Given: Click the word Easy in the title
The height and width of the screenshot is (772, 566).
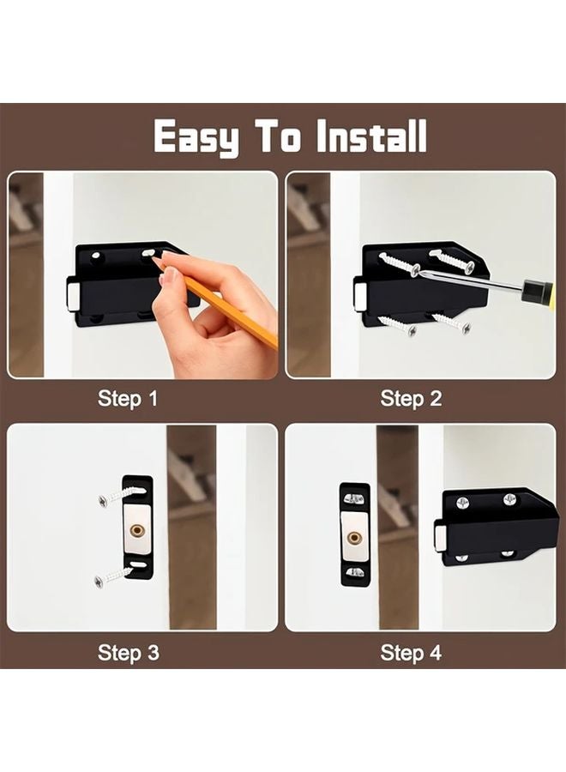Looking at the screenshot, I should (196, 137).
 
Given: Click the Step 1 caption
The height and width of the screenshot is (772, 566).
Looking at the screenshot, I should (128, 399).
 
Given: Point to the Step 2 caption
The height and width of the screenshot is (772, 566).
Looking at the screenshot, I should (411, 399).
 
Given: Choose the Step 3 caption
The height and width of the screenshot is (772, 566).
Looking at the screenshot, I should (128, 653).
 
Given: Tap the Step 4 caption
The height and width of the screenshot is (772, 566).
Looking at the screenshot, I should (411, 653).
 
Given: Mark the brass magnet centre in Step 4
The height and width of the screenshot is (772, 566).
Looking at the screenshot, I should (354, 539).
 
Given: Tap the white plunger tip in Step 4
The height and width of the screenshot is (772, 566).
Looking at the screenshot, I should (439, 539).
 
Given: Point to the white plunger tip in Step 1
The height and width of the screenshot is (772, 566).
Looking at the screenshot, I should (73, 296).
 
